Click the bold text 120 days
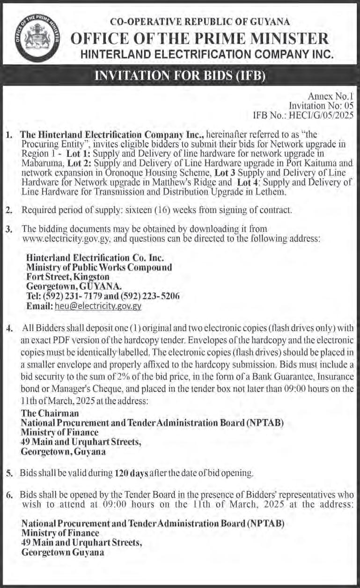(x=131, y=473)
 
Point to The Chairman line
(x=50, y=413)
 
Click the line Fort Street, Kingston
(x=68, y=277)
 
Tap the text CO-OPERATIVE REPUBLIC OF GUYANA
(x=199, y=21)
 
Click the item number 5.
(x=9, y=473)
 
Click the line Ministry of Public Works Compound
(x=99, y=268)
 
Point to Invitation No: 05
(x=321, y=105)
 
